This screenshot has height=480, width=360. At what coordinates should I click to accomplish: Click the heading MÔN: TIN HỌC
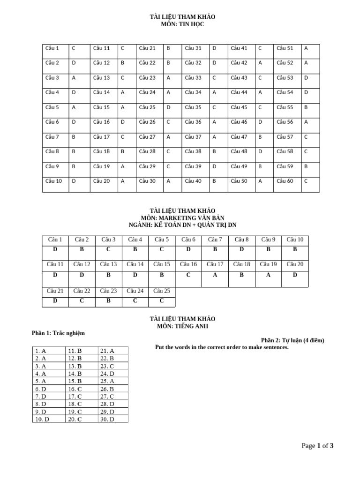coord(183,24)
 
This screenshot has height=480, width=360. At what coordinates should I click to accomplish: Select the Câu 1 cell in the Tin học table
coord(52,48)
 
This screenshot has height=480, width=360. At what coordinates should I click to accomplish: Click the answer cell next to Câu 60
coord(306,181)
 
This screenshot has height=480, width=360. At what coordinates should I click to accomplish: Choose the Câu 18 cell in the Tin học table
coord(101,151)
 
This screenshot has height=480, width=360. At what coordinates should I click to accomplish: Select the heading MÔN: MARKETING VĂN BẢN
coord(183,218)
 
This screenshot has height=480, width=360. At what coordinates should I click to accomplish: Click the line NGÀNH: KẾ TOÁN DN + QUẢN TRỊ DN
coord(183,225)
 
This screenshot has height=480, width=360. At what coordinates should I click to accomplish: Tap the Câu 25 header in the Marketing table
coord(162,291)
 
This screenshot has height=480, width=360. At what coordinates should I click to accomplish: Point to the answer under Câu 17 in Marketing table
coord(215,275)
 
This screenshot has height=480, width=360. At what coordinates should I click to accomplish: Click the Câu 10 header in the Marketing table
coord(295,240)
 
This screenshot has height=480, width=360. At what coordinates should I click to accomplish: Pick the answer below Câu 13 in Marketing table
coord(108,275)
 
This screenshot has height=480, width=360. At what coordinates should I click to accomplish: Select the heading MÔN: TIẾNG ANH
coord(183,326)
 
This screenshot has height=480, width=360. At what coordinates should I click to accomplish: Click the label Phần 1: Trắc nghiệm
coord(58,333)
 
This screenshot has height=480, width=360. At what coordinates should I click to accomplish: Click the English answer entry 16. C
coord(75,389)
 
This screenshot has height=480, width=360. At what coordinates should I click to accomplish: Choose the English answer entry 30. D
coord(106,419)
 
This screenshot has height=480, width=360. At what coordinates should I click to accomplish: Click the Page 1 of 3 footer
coord(317,446)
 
